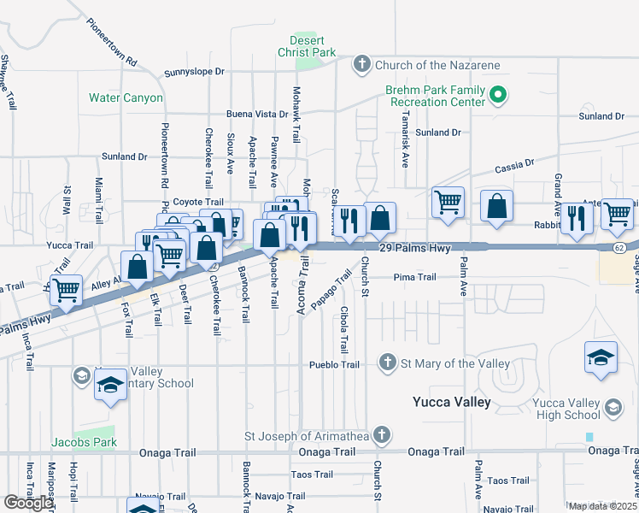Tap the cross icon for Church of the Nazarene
(x=361, y=64)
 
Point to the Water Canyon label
(x=126, y=97)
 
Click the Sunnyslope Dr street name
(x=194, y=73)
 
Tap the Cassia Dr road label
(x=516, y=162)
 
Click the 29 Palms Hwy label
(x=414, y=247)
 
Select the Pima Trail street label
(x=415, y=277)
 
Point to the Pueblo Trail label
(x=333, y=364)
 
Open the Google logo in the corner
(x=28, y=503)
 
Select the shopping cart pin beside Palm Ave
(x=448, y=203)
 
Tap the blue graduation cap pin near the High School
(x=601, y=357)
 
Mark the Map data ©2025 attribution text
(x=602, y=506)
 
